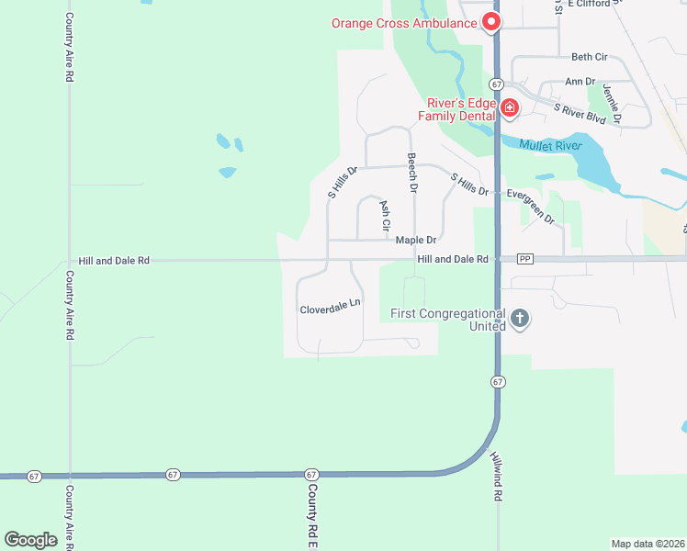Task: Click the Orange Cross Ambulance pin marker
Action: (x=491, y=20)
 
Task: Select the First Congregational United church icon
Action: (x=520, y=319)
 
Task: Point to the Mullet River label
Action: (x=550, y=145)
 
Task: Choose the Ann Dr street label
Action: (x=580, y=82)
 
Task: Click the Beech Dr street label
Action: (x=413, y=172)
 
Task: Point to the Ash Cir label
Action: (x=385, y=215)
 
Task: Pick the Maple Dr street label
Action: (x=415, y=241)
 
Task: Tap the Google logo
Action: (x=30, y=539)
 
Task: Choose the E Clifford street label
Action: (x=594, y=4)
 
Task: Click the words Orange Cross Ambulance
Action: (x=404, y=22)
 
